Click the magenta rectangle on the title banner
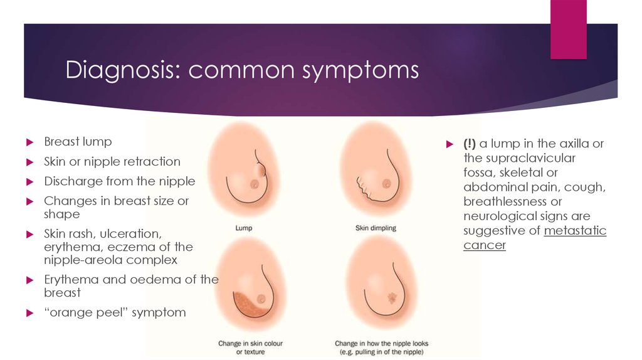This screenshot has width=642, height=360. tap(568, 29)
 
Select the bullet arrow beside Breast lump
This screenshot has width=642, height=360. tap(29, 142)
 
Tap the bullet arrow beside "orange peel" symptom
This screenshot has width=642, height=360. tap(29, 314)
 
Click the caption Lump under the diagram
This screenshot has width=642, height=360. tap(244, 228)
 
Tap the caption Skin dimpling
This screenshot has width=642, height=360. tap(376, 228)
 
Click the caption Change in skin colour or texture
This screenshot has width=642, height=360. tap(250, 347)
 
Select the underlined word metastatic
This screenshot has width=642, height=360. tap(575, 231)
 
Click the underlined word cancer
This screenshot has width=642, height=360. tap(485, 245)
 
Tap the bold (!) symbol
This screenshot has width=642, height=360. tap(469, 144)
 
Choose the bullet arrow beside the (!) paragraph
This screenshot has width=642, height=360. tap(450, 144)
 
